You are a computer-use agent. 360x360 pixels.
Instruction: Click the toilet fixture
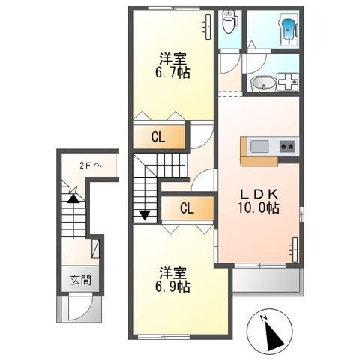tap(229, 22)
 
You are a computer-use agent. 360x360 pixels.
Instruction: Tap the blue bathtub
tap(289, 30)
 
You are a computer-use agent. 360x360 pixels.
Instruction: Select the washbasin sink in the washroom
tap(263, 83)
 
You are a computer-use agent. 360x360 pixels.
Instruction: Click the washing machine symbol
tap(288, 82)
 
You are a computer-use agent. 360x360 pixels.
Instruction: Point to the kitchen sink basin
tap(259, 146)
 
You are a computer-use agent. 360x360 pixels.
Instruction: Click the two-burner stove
tap(287, 146)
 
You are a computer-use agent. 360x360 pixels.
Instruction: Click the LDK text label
tap(259, 194)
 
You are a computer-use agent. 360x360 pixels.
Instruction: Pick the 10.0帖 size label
tap(258, 208)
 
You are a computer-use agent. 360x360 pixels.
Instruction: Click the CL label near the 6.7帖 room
tap(158, 137)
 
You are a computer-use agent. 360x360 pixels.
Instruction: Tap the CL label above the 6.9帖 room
tap(187, 208)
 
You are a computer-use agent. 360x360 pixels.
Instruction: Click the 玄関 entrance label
tap(80, 280)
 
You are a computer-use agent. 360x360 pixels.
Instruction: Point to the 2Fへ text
tap(91, 166)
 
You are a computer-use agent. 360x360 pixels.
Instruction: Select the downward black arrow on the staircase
tap(145, 215)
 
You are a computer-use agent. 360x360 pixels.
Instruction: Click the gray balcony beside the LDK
tap(268, 280)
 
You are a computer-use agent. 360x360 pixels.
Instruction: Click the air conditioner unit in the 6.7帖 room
tap(208, 27)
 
